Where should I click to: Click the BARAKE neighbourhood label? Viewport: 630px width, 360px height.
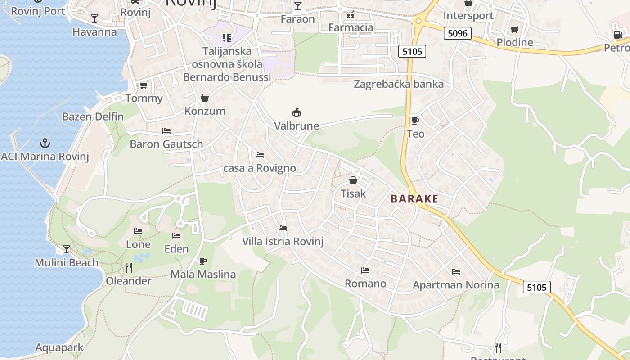click(x=414, y=199)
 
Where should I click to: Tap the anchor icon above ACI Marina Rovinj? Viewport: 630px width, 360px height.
click(x=45, y=144)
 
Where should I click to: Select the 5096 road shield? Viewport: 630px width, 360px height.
click(x=457, y=33)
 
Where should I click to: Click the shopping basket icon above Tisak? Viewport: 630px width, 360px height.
click(x=353, y=180)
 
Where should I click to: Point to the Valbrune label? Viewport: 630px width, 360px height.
click(x=297, y=126)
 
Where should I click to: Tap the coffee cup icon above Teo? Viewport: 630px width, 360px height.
click(x=415, y=121)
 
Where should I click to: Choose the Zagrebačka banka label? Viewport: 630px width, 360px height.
click(x=399, y=84)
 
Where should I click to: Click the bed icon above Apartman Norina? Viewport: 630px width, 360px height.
click(x=456, y=272)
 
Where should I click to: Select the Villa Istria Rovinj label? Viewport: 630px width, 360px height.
click(x=283, y=241)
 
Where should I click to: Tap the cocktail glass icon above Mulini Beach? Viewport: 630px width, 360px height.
click(x=67, y=249)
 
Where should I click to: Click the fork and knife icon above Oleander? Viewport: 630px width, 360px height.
click(x=129, y=268)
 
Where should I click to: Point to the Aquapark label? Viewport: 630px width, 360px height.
click(x=59, y=347)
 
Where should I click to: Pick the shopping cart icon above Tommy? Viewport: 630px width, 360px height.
click(x=144, y=85)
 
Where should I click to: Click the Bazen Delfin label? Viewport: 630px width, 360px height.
click(x=93, y=117)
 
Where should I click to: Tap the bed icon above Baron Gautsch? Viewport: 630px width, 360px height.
click(x=166, y=131)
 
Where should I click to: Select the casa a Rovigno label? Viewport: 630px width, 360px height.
click(x=260, y=168)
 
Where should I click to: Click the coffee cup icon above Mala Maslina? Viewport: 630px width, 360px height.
click(x=203, y=261)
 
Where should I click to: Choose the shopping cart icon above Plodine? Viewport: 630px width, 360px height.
click(x=515, y=30)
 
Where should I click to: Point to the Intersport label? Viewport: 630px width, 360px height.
click(x=468, y=16)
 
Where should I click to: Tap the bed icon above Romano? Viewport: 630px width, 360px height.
click(x=365, y=270)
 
